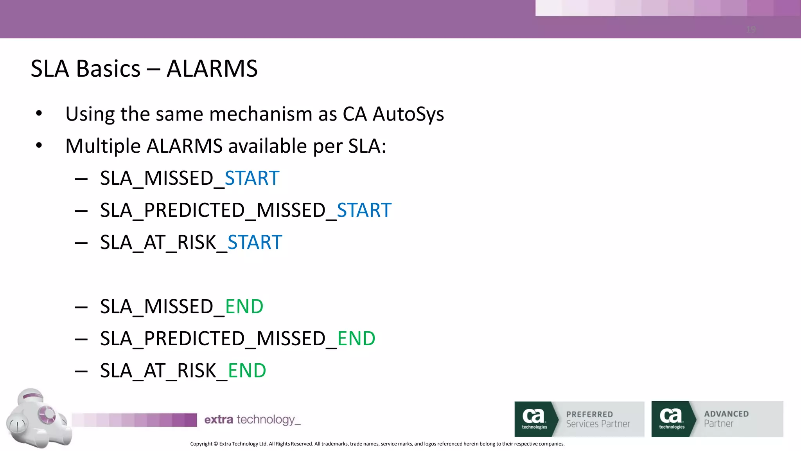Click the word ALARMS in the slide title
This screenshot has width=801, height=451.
[212, 69]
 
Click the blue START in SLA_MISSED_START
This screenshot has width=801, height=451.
[252, 179]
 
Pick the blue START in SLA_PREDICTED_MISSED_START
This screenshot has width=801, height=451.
[364, 211]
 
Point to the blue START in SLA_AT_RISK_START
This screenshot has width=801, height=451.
[255, 243]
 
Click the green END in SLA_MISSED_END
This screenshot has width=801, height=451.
[244, 307]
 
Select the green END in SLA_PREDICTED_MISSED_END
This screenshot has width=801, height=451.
[356, 339]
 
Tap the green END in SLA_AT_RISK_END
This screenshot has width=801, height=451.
[247, 371]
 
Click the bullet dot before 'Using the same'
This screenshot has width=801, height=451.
[39, 114]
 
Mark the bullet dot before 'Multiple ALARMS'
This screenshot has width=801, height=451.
[39, 146]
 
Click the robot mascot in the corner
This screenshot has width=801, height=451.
[37, 418]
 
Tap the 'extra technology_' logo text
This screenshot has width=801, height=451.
[252, 420]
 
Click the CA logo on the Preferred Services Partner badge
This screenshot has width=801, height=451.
[534, 418]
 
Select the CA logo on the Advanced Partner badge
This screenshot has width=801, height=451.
[671, 418]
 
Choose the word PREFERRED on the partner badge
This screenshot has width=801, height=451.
[589, 414]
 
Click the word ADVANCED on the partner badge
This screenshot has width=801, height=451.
[726, 414]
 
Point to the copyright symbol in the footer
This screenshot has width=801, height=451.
[216, 444]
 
